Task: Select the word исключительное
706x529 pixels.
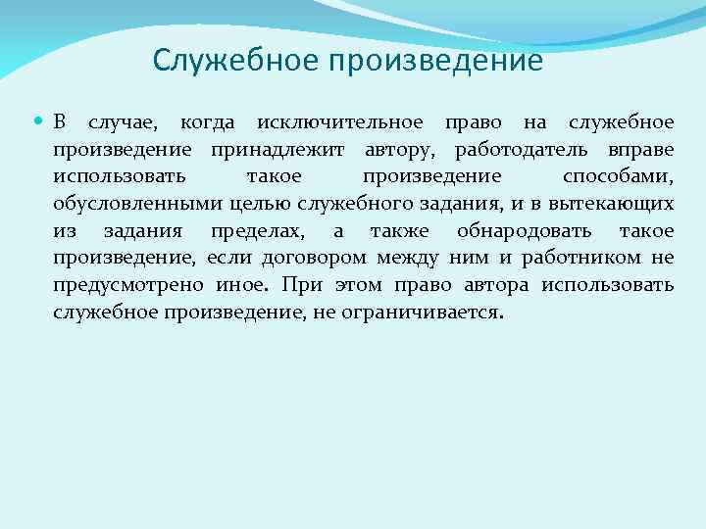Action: tap(339, 123)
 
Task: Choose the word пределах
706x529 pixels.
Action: tap(257, 231)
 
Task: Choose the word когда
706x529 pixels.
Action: tap(207, 123)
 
